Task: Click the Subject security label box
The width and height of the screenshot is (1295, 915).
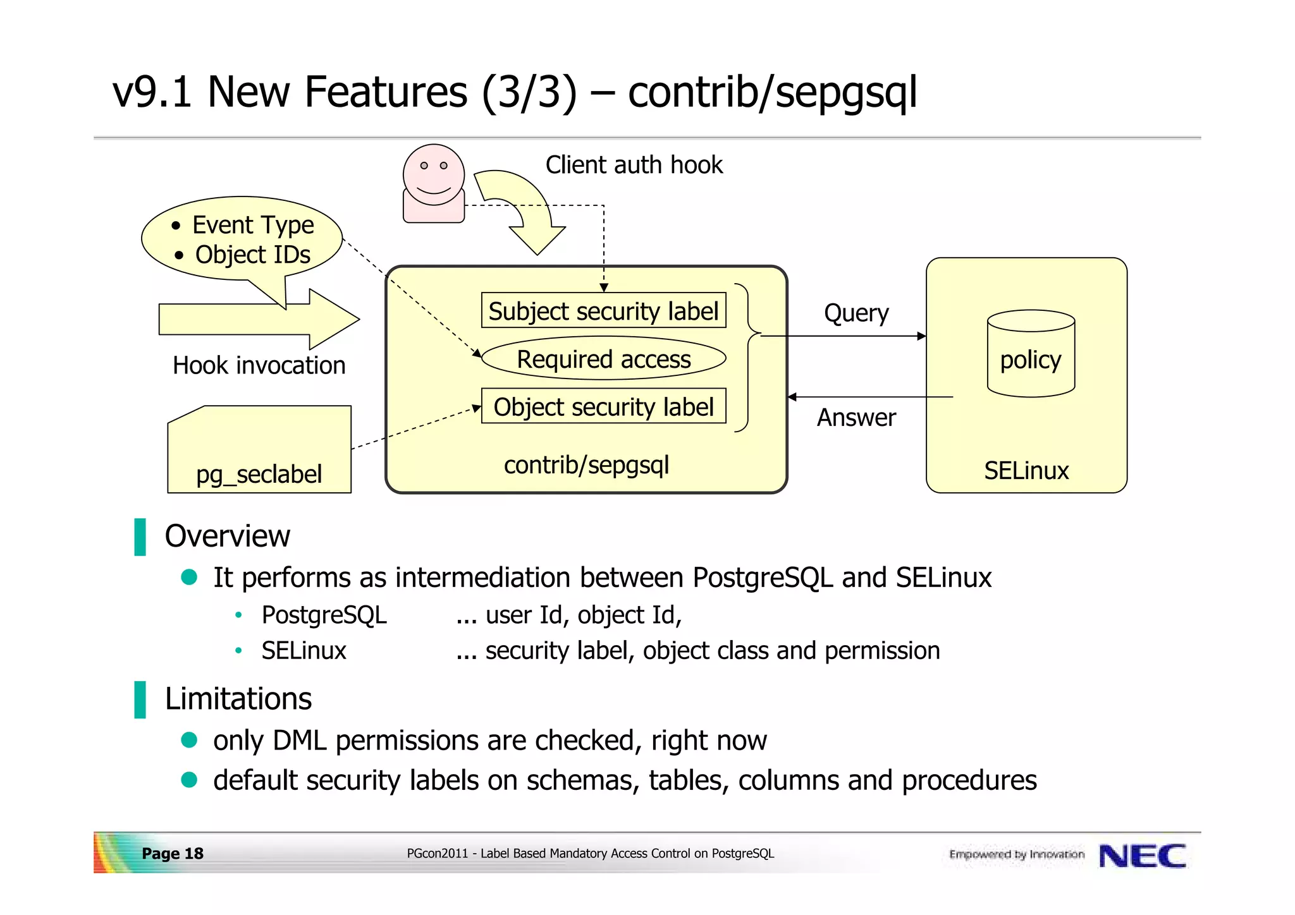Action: click(x=603, y=310)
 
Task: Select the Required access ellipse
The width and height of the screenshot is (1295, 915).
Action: click(x=603, y=359)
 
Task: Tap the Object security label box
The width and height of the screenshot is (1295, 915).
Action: click(x=603, y=406)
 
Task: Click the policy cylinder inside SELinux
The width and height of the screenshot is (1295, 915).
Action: click(x=1030, y=354)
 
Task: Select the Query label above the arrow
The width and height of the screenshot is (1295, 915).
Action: click(x=856, y=313)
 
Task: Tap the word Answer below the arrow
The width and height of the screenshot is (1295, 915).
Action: click(x=856, y=418)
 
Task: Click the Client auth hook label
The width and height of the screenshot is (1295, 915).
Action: click(x=634, y=165)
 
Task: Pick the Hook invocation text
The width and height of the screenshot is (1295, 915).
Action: click(x=259, y=365)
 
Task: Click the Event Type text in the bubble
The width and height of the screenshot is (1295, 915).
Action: click(x=253, y=225)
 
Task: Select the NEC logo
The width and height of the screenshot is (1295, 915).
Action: click(x=1142, y=856)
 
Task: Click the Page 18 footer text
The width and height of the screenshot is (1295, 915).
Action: click(x=172, y=854)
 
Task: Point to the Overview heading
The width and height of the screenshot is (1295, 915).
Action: click(x=227, y=536)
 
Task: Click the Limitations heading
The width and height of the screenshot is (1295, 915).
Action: click(x=238, y=699)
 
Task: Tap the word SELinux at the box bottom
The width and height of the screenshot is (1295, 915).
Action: click(x=1026, y=471)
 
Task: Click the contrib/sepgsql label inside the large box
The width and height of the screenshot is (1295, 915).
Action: click(x=586, y=465)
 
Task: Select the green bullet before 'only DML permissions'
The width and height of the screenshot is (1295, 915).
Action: click(x=189, y=740)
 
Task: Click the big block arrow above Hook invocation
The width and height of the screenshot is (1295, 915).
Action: click(x=253, y=319)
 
